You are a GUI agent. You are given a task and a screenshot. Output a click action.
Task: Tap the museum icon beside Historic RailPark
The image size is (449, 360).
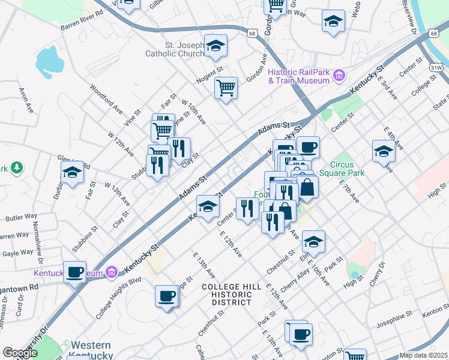[340, 76]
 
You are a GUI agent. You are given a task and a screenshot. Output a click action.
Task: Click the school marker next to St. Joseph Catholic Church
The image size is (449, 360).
[215, 46]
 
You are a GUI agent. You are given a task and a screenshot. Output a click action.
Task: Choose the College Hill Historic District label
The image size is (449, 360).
[231, 295]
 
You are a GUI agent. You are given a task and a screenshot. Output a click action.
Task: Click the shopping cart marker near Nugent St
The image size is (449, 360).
[226, 88]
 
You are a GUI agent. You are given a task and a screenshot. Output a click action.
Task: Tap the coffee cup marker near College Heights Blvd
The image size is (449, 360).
[167, 296]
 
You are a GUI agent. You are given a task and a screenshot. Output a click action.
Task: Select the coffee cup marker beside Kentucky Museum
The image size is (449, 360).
[75, 272]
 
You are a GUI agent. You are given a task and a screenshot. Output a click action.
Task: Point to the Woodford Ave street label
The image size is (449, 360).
[106, 95]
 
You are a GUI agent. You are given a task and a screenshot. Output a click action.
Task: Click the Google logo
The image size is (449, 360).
[19, 353]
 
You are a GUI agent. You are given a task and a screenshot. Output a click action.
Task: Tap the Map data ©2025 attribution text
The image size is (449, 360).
[423, 355]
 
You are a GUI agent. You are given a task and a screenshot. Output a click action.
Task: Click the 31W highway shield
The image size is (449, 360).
[436, 67]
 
